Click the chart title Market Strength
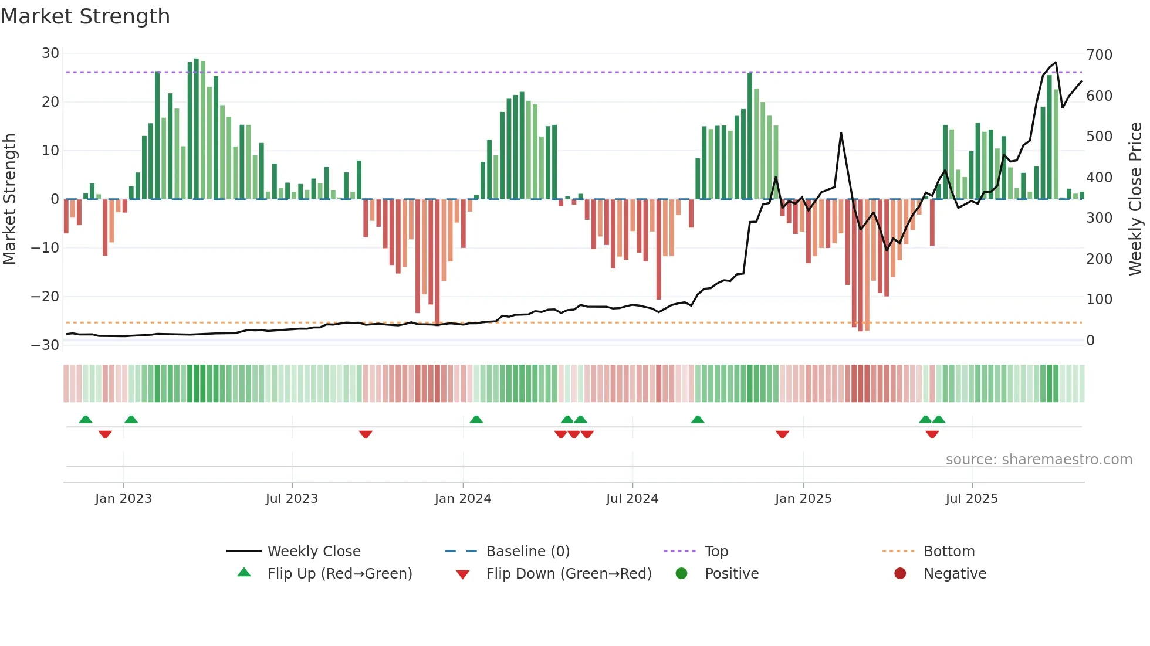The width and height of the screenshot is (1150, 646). tap(85, 16)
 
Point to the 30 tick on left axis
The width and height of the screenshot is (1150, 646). tap(50, 53)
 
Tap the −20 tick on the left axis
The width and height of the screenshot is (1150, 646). tap(45, 297)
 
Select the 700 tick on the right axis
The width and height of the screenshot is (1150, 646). tap(1099, 55)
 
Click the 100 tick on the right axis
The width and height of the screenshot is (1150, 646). tap(1099, 300)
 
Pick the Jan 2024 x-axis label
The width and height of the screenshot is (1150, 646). tap(462, 499)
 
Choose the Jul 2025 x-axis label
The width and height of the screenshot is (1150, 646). tap(971, 499)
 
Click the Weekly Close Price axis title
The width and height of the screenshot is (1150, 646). tap(1135, 199)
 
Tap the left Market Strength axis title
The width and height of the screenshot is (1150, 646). tap(10, 199)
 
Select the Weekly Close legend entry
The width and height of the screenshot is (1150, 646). tap(313, 552)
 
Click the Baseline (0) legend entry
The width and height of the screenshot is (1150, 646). tap(527, 552)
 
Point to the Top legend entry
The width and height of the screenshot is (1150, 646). tap(716, 552)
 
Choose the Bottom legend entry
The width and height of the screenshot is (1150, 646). tap(949, 552)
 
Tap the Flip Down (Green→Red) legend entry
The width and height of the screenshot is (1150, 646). tap(568, 574)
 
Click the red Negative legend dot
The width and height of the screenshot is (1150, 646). tap(900, 573)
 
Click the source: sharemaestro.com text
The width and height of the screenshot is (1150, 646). tap(1039, 460)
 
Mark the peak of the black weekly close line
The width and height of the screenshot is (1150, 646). tap(1056, 62)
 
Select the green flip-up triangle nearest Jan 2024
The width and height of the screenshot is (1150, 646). tap(476, 419)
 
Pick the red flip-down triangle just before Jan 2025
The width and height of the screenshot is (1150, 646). tap(782, 434)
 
